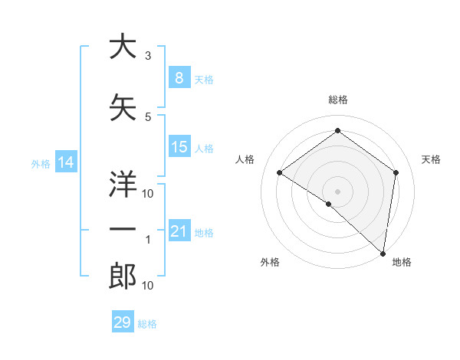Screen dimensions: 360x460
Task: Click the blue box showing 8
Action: point(179,78)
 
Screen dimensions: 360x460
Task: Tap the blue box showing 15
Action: point(179,147)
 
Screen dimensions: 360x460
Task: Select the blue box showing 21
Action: point(179,231)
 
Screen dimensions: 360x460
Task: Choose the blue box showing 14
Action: point(66,162)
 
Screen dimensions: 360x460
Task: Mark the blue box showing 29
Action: point(123,322)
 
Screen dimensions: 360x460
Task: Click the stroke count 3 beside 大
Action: point(148,56)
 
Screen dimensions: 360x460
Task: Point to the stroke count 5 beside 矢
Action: point(148,117)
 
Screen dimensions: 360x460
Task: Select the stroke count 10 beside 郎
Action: point(148,286)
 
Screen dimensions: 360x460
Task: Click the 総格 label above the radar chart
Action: point(337,100)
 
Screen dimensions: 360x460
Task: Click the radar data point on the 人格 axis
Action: point(280,172)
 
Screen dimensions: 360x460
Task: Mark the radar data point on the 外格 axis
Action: point(329,204)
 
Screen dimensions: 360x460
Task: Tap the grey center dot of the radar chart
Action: point(337,191)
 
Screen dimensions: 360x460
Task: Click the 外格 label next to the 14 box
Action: point(40,163)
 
